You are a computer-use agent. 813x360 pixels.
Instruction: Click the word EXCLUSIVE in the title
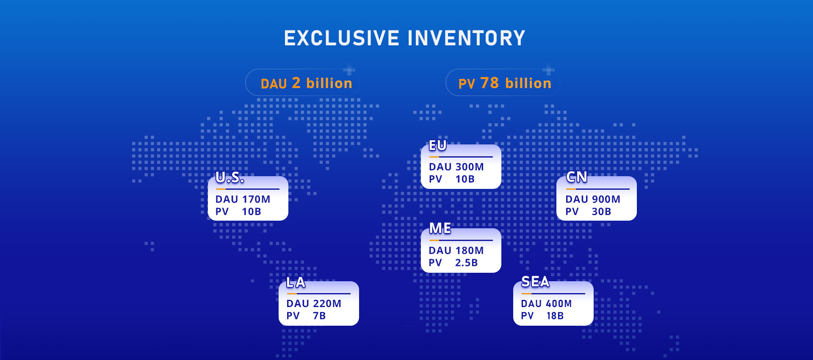[x=342, y=38]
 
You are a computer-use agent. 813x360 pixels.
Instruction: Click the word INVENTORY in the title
[x=466, y=38]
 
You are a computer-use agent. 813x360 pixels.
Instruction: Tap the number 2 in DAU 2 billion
[x=296, y=83]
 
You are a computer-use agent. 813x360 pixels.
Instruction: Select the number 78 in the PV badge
[x=489, y=83]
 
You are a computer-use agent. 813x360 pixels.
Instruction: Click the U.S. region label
[x=230, y=177]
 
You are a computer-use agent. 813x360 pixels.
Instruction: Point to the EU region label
[x=438, y=145]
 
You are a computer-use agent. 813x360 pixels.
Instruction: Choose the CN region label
[x=577, y=177]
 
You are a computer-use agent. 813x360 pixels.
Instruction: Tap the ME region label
[x=440, y=228]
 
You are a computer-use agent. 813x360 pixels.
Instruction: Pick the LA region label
[x=296, y=282]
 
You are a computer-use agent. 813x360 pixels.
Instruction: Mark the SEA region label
[x=535, y=281]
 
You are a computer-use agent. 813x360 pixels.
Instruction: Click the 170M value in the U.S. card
[x=256, y=199]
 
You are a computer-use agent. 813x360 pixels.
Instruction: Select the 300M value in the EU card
[x=470, y=167]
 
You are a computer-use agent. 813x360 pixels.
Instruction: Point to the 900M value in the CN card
[x=606, y=199]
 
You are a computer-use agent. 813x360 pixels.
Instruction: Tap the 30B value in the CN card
[x=601, y=211]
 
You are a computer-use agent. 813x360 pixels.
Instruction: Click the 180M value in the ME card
[x=470, y=250]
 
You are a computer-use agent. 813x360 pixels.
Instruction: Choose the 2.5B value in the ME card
[x=467, y=263]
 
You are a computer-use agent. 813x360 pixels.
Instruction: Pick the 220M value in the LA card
[x=327, y=303]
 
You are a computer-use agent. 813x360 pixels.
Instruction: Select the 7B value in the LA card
[x=319, y=316]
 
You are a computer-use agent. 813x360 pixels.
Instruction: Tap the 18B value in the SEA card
[x=555, y=316]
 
